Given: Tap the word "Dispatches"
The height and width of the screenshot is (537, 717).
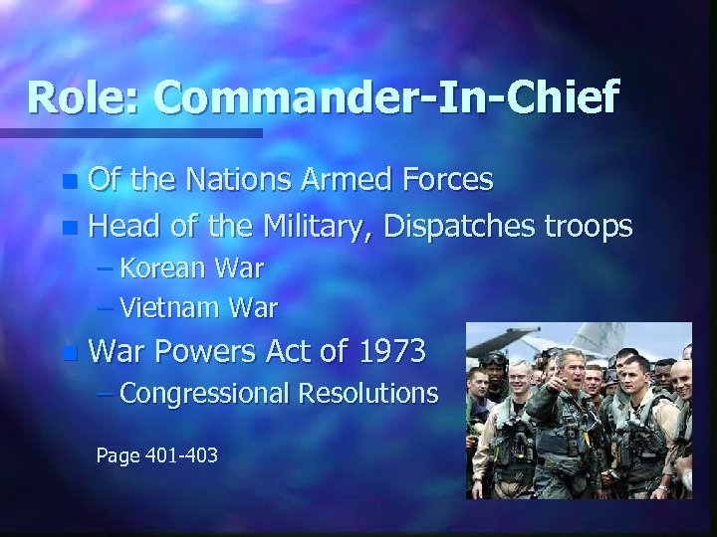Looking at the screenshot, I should click(455, 228).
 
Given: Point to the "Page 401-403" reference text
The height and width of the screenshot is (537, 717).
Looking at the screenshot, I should click(156, 456).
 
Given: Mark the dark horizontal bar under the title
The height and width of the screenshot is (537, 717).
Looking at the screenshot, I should click(129, 132).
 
